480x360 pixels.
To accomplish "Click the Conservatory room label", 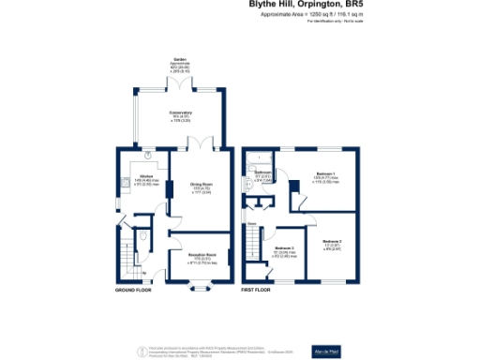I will (x=181, y=112).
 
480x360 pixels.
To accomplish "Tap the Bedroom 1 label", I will (x=324, y=175).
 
